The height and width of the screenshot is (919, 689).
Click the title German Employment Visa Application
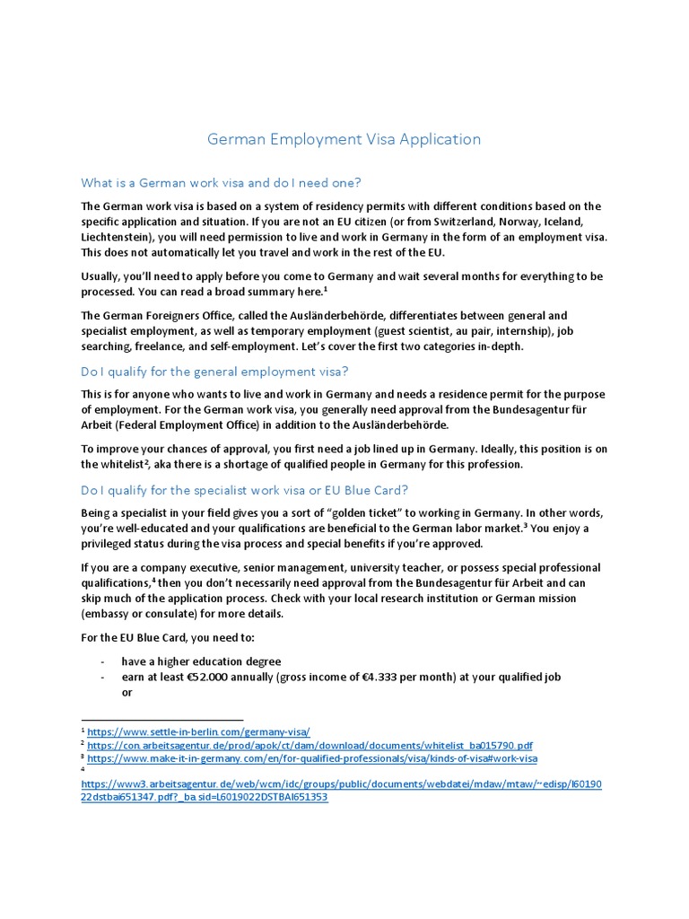[344, 139]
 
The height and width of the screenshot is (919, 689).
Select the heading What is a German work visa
[221, 183]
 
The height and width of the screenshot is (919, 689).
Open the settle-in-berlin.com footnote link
[198, 732]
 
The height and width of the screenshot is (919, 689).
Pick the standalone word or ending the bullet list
[127, 693]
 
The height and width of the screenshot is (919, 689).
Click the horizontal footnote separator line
[161, 720]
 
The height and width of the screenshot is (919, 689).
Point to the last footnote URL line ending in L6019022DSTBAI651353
[205, 797]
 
